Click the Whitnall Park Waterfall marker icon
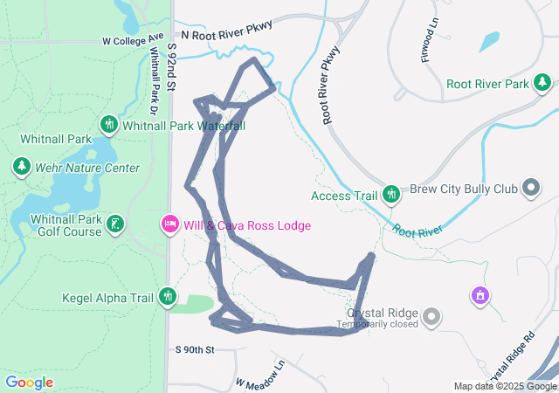tap(109, 125)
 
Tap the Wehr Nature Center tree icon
tap(21, 166)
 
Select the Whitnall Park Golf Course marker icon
tap(114, 224)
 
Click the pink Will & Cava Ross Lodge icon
tap(169, 224)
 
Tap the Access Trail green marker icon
tap(391, 194)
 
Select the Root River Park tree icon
tap(542, 83)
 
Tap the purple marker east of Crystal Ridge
tap(479, 296)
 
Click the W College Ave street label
tap(133, 40)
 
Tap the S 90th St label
tap(194, 350)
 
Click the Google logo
tap(29, 383)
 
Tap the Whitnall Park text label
tap(56, 139)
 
